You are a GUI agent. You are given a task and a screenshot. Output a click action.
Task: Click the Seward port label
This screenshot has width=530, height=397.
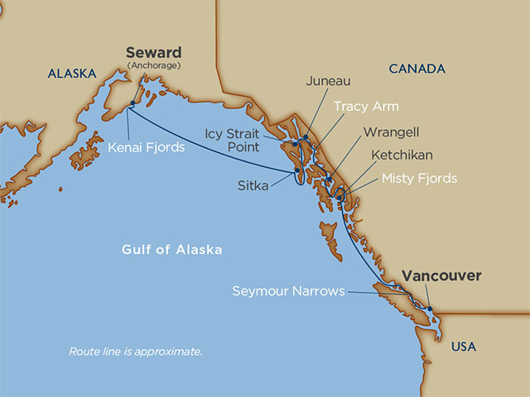(153, 52)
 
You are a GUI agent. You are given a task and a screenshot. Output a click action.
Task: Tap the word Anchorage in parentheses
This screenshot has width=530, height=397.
(153, 65)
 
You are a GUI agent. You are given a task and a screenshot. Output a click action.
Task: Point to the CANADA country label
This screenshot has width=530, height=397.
(416, 69)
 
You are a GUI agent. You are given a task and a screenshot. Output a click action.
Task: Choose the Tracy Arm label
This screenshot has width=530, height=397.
(367, 107)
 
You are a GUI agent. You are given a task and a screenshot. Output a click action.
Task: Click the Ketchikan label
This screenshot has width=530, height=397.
(402, 155)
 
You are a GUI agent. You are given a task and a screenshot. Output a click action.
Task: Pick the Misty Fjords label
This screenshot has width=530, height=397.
(419, 179)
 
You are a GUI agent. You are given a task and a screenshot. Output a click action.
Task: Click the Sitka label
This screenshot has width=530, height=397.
(253, 186)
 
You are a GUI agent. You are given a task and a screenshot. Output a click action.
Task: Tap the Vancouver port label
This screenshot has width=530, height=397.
(441, 276)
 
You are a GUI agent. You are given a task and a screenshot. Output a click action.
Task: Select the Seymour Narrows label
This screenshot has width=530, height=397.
(288, 291)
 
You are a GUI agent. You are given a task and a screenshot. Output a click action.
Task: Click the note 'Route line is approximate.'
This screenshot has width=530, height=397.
(135, 352)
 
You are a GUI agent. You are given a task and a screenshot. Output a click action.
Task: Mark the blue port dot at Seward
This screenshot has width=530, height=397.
(130, 104)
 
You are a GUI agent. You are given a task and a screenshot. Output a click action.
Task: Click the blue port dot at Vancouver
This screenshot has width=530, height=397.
(429, 309)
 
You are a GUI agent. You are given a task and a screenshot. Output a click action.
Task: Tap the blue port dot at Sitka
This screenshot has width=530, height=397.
(296, 173)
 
